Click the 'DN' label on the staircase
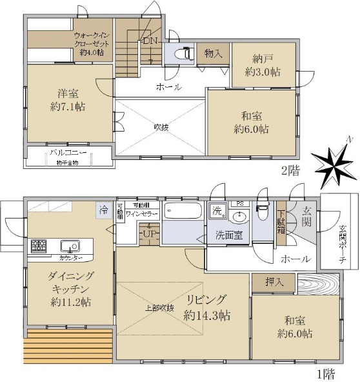point(150,41)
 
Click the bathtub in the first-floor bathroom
point(183,213)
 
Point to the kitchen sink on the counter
point(68,246)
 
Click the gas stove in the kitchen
point(38,246)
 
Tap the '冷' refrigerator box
point(103,210)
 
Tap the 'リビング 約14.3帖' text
point(207,307)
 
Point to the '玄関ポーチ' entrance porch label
point(342,244)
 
